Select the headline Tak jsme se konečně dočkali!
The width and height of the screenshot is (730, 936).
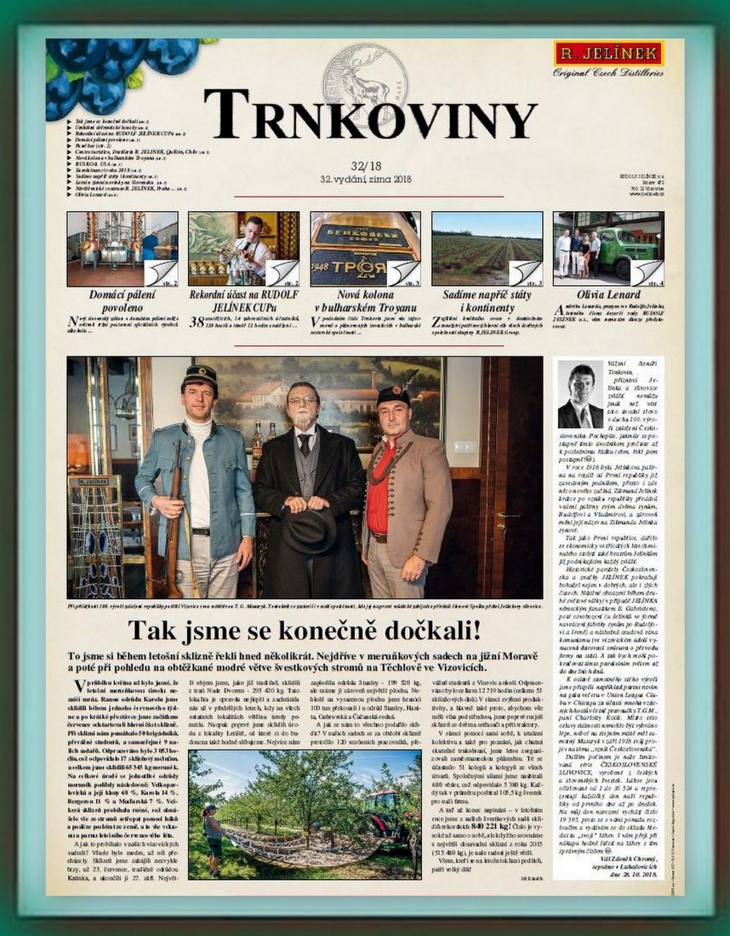305,631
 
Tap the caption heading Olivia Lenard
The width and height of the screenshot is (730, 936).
607,295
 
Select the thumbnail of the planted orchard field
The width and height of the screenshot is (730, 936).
486,248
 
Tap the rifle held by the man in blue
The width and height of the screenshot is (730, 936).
173,519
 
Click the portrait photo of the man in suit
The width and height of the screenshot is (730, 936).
580,397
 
